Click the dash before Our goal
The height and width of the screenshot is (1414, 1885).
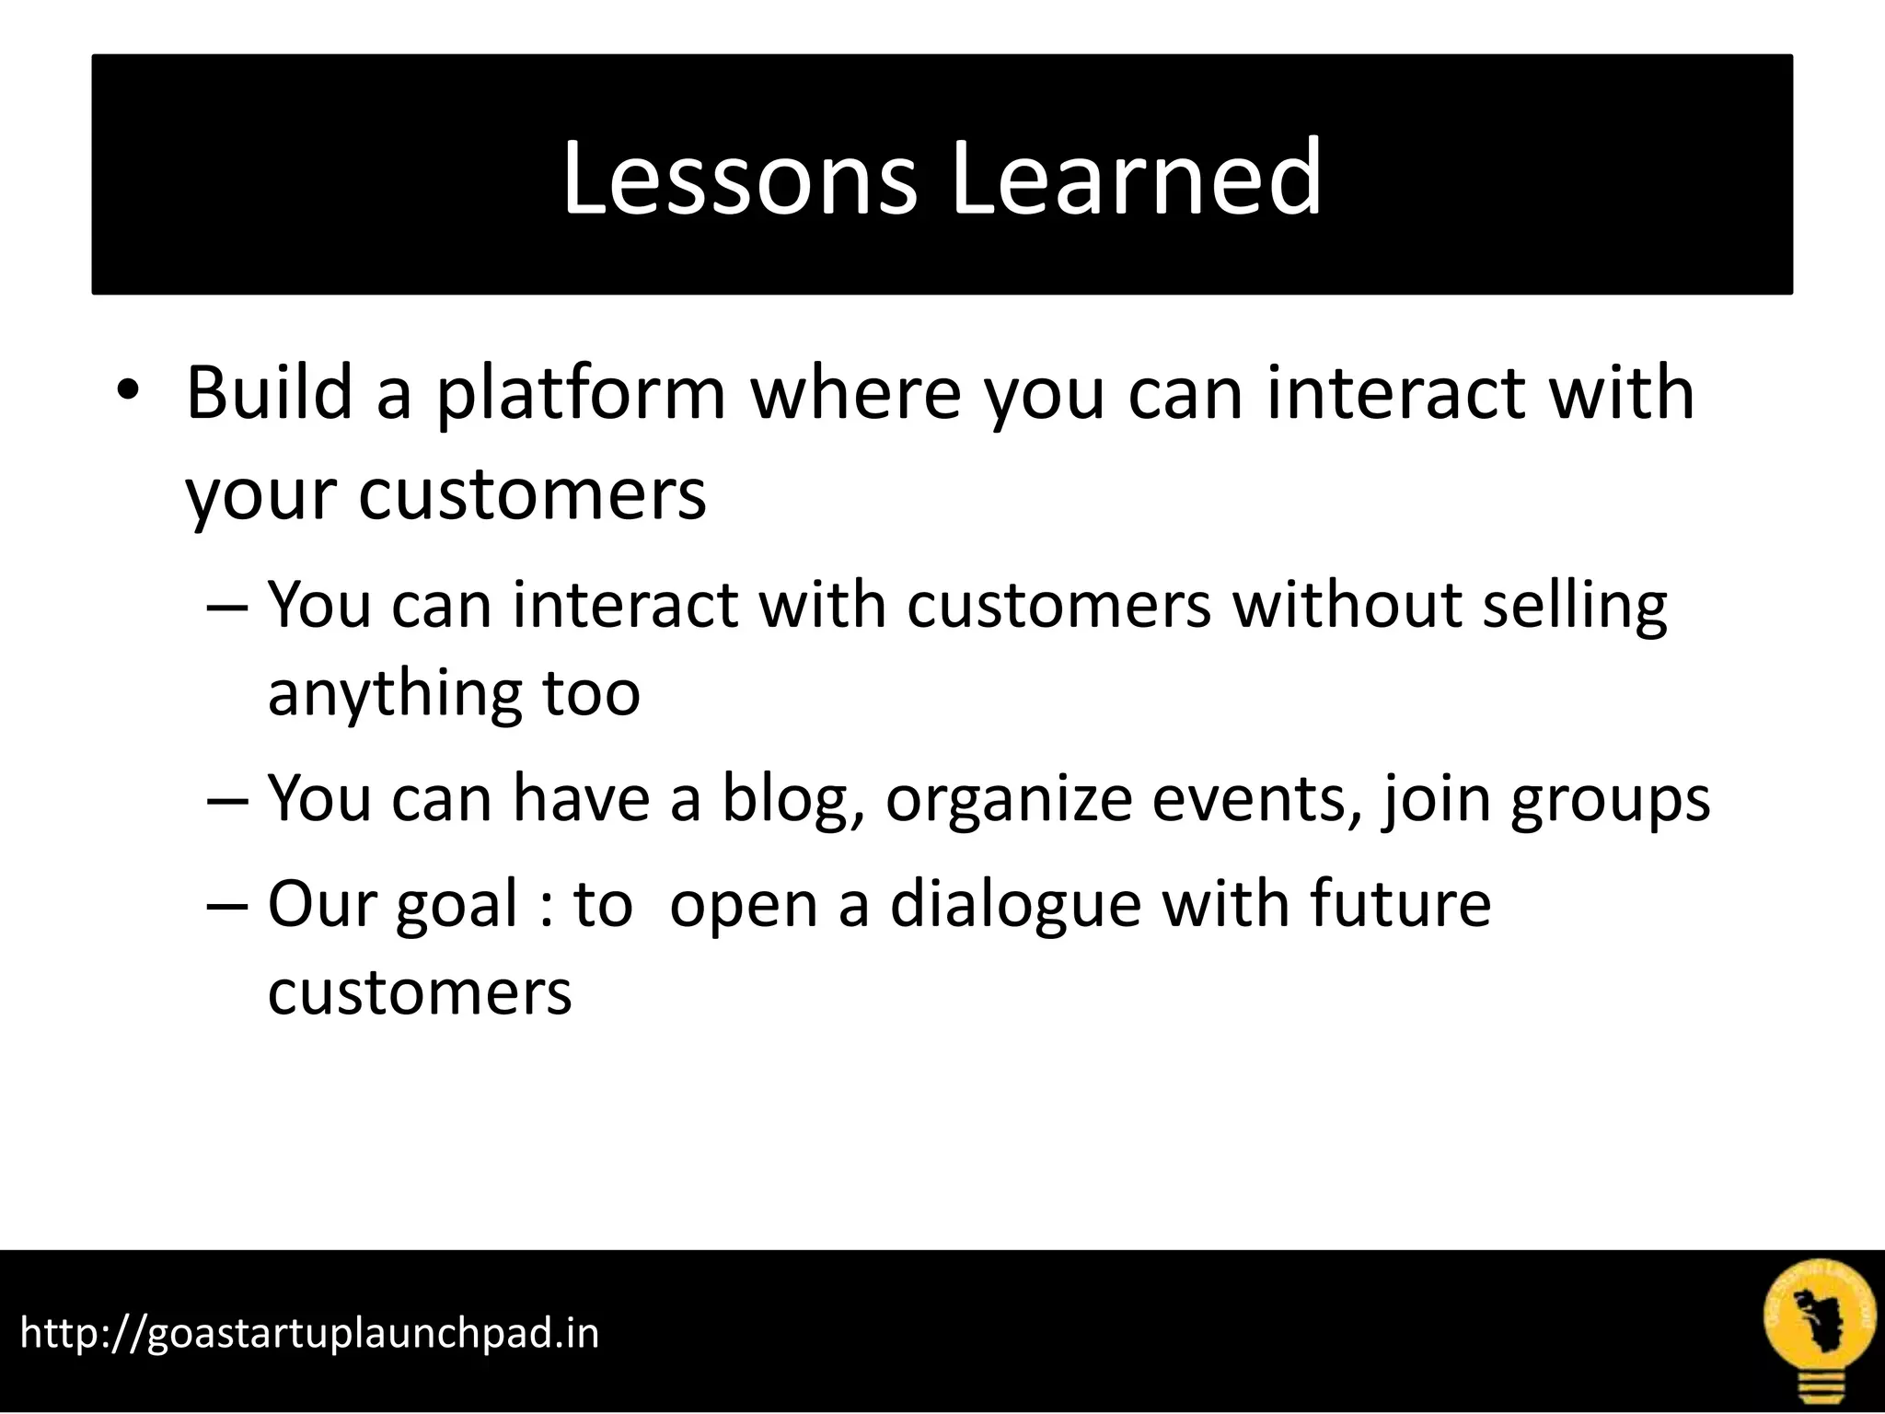click(228, 905)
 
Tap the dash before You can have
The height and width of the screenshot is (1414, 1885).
click(228, 799)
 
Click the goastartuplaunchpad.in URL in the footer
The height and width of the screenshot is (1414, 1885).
click(309, 1332)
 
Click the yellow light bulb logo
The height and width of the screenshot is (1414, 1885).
click(1818, 1331)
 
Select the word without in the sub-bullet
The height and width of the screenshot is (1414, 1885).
click(1347, 606)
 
